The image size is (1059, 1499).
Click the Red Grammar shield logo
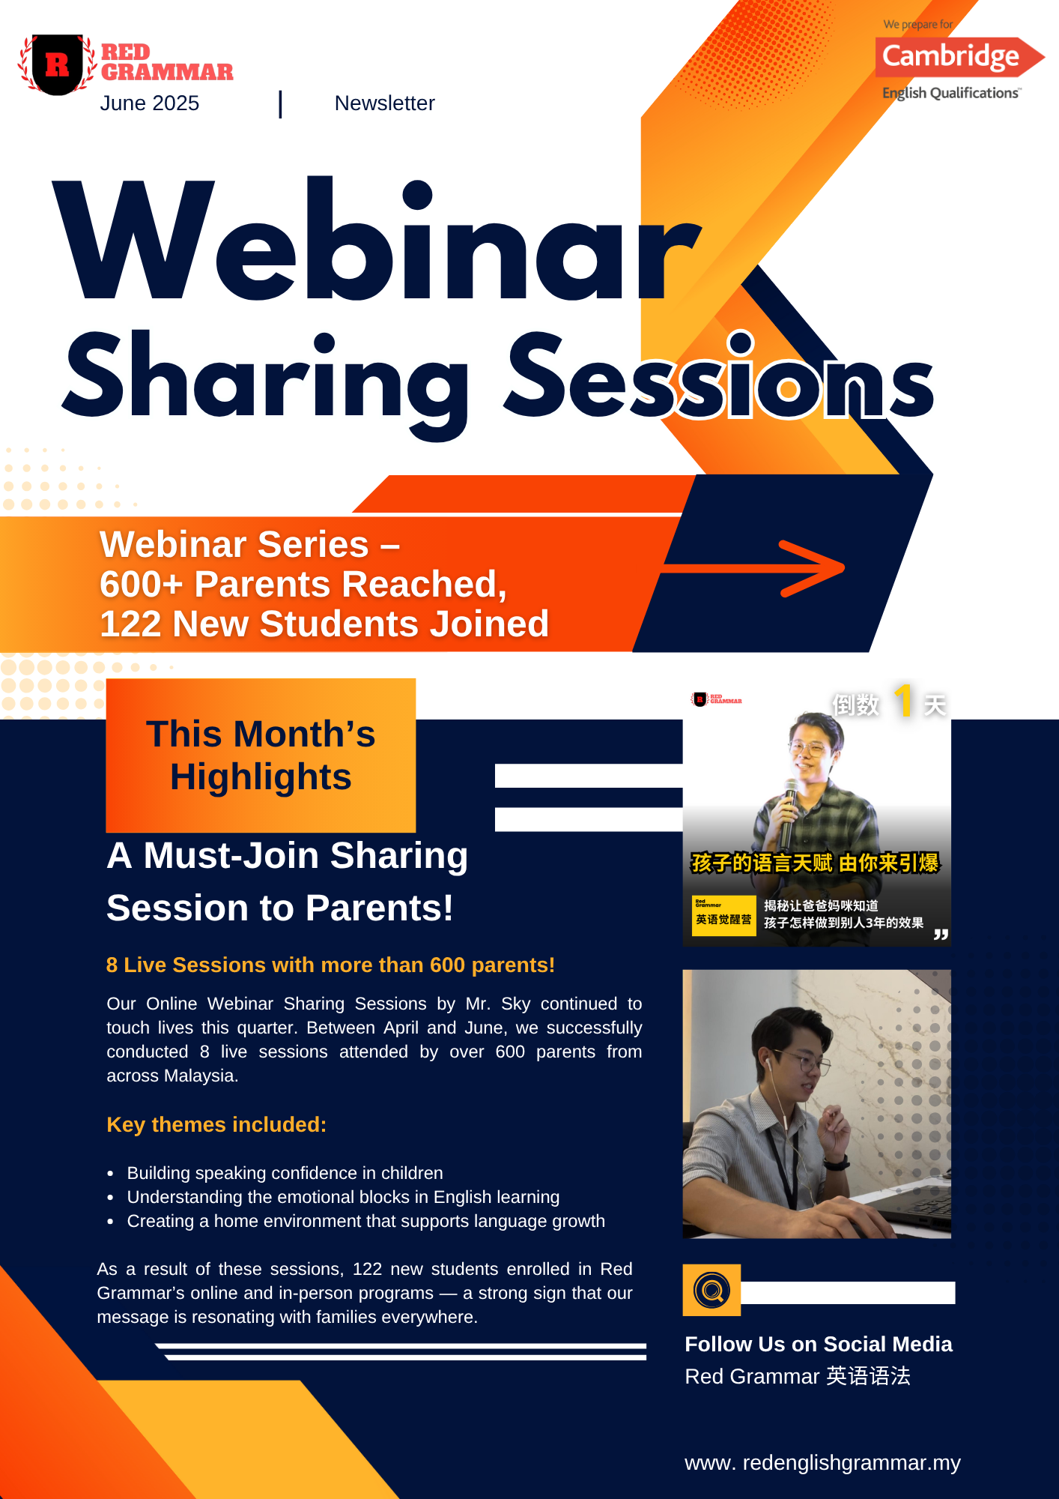pyautogui.click(x=58, y=64)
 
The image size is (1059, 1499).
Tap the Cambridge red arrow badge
pyautogui.click(x=959, y=57)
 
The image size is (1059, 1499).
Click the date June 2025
pyautogui.click(x=150, y=103)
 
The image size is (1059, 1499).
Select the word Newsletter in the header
pyautogui.click(x=384, y=103)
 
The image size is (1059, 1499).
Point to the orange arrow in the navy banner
pyautogui.click(x=752, y=568)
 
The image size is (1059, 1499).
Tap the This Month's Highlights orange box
pyautogui.click(x=261, y=755)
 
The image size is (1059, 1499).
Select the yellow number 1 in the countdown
pyautogui.click(x=904, y=701)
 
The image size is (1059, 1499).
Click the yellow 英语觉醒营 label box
pyautogui.click(x=723, y=916)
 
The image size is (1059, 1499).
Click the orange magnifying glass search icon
pyautogui.click(x=711, y=1290)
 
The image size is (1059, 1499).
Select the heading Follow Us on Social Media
pyautogui.click(x=819, y=1344)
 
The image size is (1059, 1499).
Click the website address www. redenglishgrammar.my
pyautogui.click(x=822, y=1463)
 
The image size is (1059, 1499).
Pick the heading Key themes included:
pyautogui.click(x=216, y=1124)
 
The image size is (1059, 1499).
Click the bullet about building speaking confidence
pyautogui.click(x=285, y=1173)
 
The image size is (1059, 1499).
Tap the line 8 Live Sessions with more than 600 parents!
pyautogui.click(x=330, y=965)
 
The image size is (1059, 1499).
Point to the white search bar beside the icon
pyautogui.click(x=848, y=1292)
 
